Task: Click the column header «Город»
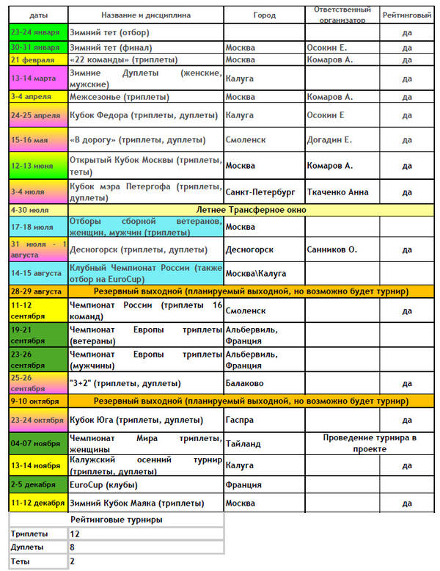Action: point(264,15)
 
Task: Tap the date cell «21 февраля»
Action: point(33,59)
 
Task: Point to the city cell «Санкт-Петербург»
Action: point(260,192)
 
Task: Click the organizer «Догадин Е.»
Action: point(329,139)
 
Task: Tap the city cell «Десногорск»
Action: point(251,250)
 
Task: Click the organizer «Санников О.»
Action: point(332,250)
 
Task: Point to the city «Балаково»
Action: point(246,383)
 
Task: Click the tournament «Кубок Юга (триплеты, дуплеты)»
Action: point(136,420)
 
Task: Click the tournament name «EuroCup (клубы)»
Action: point(103,484)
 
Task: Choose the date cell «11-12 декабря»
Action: point(37,503)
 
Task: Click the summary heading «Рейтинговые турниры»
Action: point(116,520)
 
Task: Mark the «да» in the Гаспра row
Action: point(407,420)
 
